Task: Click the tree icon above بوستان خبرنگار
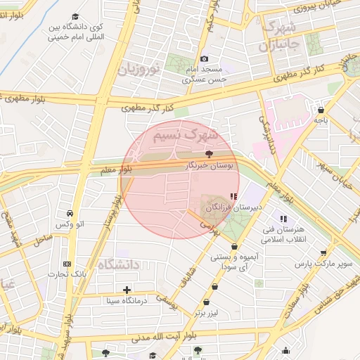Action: pyautogui.click(x=208, y=153)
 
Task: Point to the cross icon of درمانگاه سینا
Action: pyautogui.click(x=127, y=290)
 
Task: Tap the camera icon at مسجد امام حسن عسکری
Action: pyautogui.click(x=204, y=59)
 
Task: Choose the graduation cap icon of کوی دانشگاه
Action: pyautogui.click(x=75, y=17)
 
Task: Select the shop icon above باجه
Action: pyautogui.click(x=321, y=110)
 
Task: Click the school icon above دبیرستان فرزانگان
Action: pyautogui.click(x=233, y=197)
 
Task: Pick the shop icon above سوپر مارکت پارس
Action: pyautogui.click(x=323, y=252)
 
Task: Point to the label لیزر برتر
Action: pyautogui.click(x=209, y=311)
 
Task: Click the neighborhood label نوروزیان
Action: pyautogui.click(x=139, y=69)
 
